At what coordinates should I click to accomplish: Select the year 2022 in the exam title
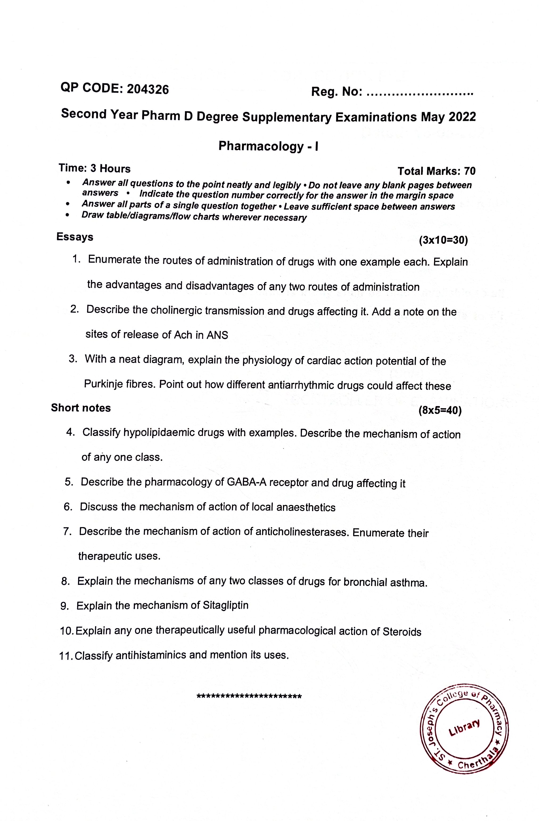[462, 117]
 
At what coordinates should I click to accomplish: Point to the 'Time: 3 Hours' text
[94, 168]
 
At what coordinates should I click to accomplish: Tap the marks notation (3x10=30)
[443, 240]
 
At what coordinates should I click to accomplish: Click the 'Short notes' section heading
[81, 408]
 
